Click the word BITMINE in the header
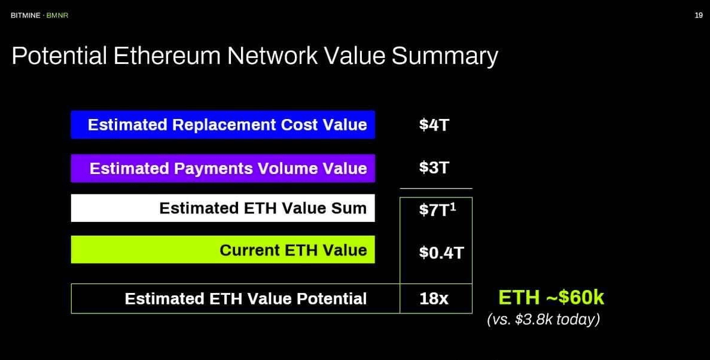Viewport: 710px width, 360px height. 25,16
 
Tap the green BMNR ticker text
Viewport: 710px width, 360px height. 57,16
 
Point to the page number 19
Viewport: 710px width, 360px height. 699,16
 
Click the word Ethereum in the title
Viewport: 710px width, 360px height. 167,56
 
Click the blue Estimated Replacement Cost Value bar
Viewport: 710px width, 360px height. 223,124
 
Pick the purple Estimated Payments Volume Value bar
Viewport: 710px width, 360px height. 223,168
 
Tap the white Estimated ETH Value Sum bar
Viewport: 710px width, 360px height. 223,208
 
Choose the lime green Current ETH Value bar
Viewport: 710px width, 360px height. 223,249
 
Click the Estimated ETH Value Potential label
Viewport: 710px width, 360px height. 245,299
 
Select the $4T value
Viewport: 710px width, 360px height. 434,124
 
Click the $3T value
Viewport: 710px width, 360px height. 434,168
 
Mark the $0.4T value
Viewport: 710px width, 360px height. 441,252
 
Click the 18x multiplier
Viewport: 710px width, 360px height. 434,299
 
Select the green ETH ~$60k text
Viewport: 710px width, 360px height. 551,298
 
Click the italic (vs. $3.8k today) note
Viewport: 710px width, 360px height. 543,320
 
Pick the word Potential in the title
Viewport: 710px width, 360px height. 59,56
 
